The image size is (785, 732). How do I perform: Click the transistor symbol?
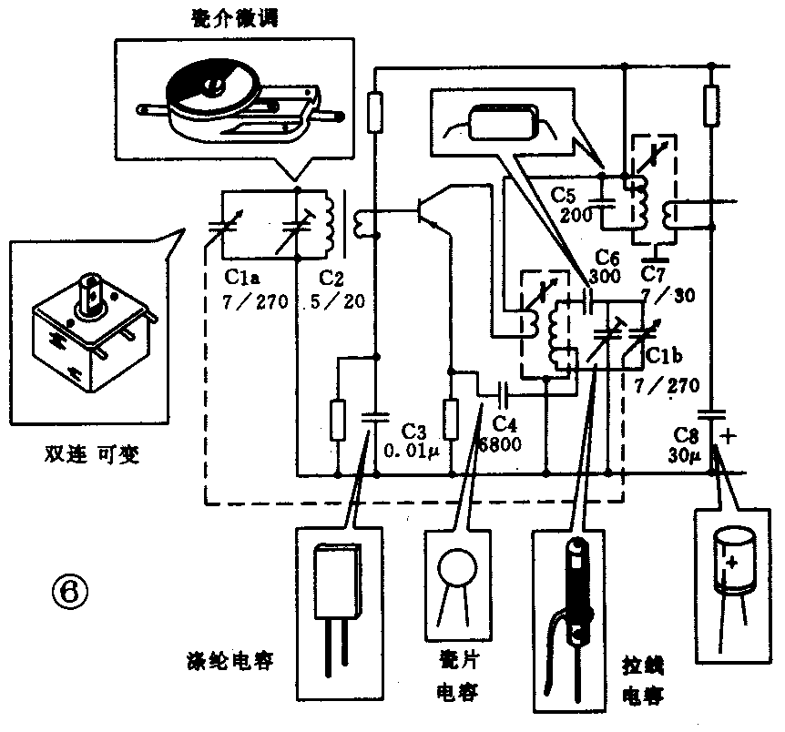424,211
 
